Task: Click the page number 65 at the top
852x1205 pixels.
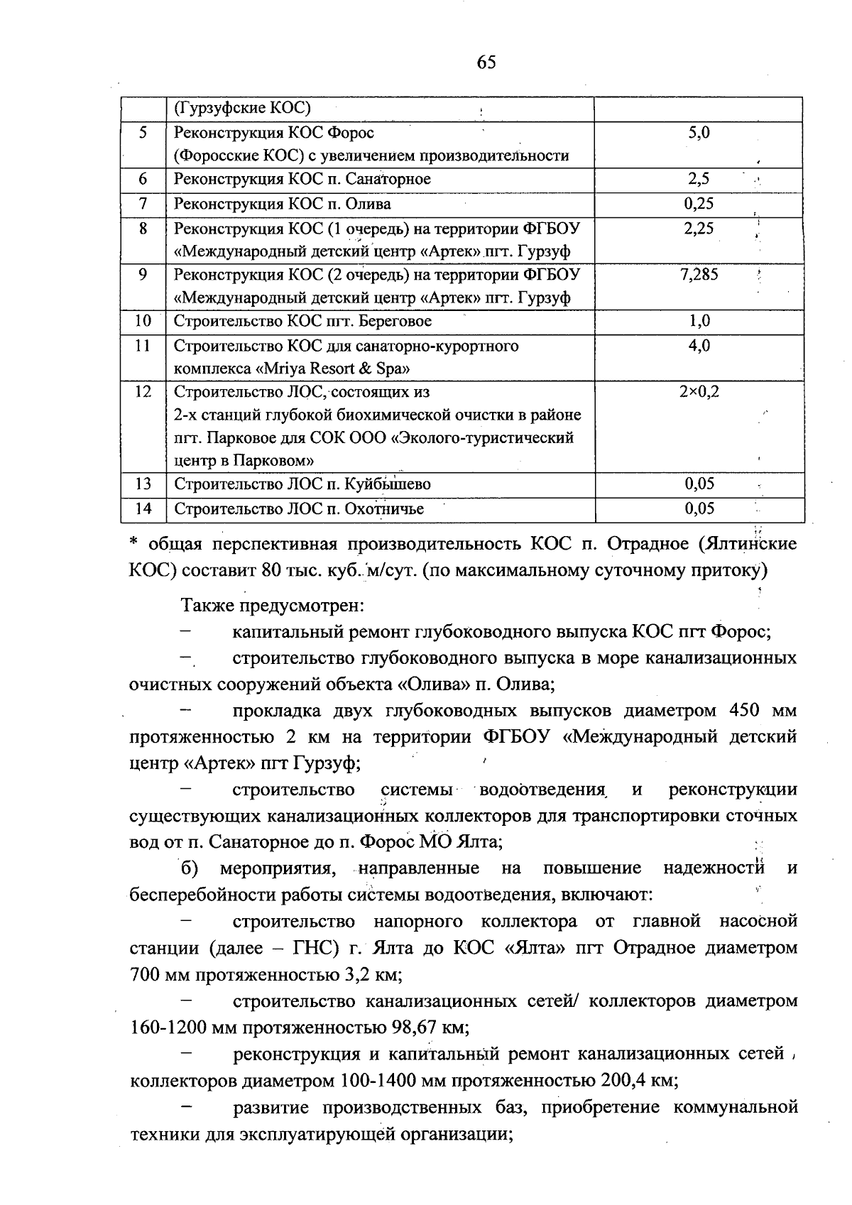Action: pos(486,62)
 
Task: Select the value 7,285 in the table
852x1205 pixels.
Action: pos(699,275)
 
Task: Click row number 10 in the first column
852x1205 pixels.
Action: pos(143,321)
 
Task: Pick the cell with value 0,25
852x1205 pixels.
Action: pos(699,204)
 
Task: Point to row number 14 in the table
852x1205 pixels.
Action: pos(143,508)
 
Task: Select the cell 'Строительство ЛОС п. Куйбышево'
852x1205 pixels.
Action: pos(302,484)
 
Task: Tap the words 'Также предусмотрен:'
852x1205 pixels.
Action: pos(273,606)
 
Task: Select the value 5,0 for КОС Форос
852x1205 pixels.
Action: pos(699,133)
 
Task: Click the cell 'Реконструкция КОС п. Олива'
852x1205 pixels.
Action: pos(283,204)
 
